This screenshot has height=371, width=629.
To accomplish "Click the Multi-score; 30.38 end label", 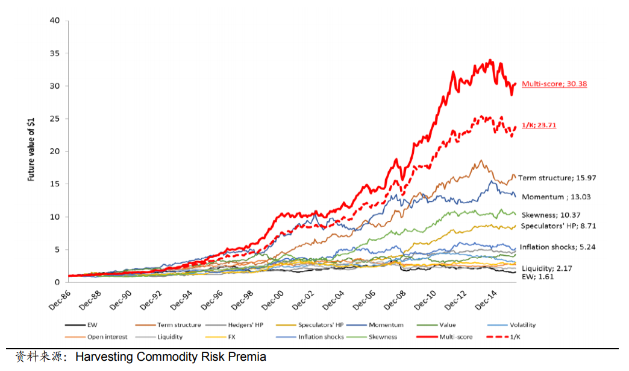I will point(554,84).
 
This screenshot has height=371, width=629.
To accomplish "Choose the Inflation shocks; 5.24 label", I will point(555,247).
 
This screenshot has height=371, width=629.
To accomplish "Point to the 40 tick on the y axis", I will point(55,21).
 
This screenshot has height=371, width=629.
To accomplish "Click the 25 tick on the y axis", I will point(55,119).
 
